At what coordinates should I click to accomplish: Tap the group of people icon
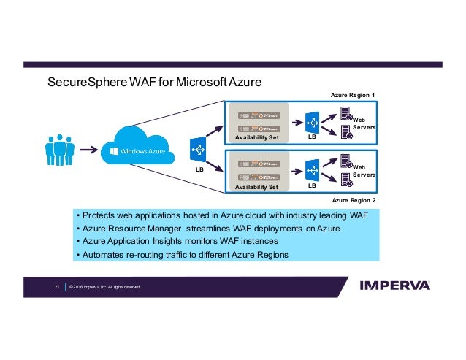tap(60, 150)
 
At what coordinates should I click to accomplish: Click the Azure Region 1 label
tap(352, 96)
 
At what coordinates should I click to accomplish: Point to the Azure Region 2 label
tap(353, 199)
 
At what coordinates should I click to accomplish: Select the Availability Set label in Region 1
tap(257, 137)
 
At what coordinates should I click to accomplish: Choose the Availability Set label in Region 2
tap(257, 187)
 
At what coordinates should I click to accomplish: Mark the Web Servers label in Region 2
tap(363, 171)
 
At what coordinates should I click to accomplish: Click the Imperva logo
tap(394, 286)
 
